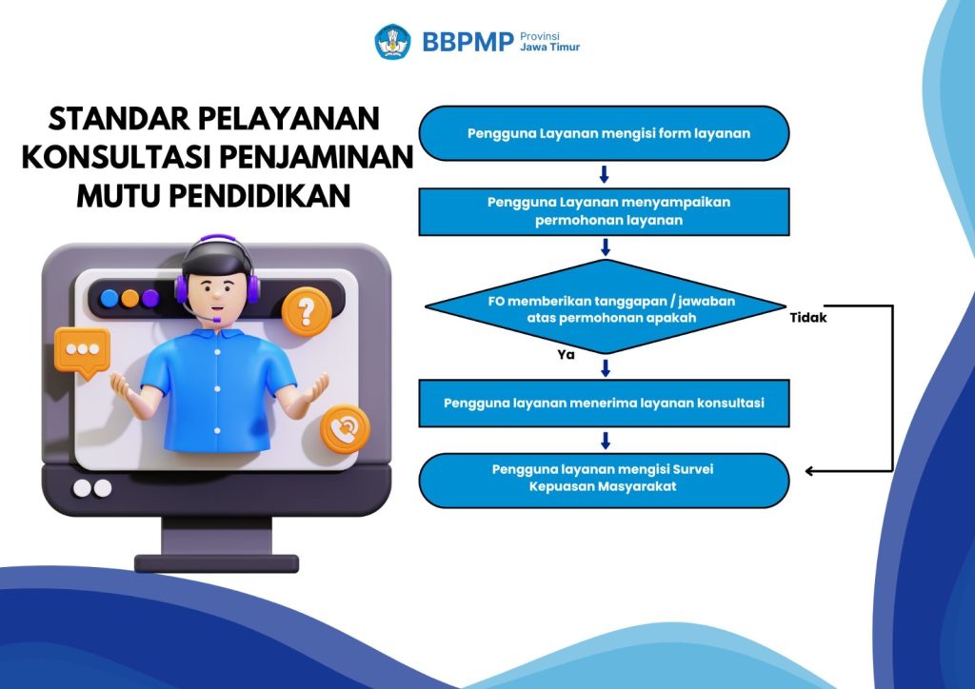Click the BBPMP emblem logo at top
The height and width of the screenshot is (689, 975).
tap(393, 42)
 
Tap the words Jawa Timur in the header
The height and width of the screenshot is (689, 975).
tap(549, 48)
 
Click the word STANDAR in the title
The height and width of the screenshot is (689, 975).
tap(119, 118)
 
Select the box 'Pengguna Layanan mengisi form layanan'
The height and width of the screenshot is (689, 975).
tap(604, 133)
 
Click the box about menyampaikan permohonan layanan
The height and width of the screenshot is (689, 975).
tap(604, 212)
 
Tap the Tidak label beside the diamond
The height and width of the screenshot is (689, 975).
tap(808, 318)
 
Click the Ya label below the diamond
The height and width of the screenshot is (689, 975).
tap(566, 354)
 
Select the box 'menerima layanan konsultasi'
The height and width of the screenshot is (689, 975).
tap(604, 404)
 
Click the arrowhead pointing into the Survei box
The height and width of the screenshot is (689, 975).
tap(809, 471)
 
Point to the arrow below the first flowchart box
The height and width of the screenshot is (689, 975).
tap(604, 174)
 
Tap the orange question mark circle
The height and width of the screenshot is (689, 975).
tap(306, 311)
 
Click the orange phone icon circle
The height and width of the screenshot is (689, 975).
tap(345, 428)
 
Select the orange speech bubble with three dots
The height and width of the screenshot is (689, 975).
tap(82, 352)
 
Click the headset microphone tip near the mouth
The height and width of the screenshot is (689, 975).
tap(216, 320)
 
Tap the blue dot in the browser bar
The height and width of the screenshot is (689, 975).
tap(109, 298)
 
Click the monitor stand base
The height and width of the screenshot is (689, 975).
tap(216, 563)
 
